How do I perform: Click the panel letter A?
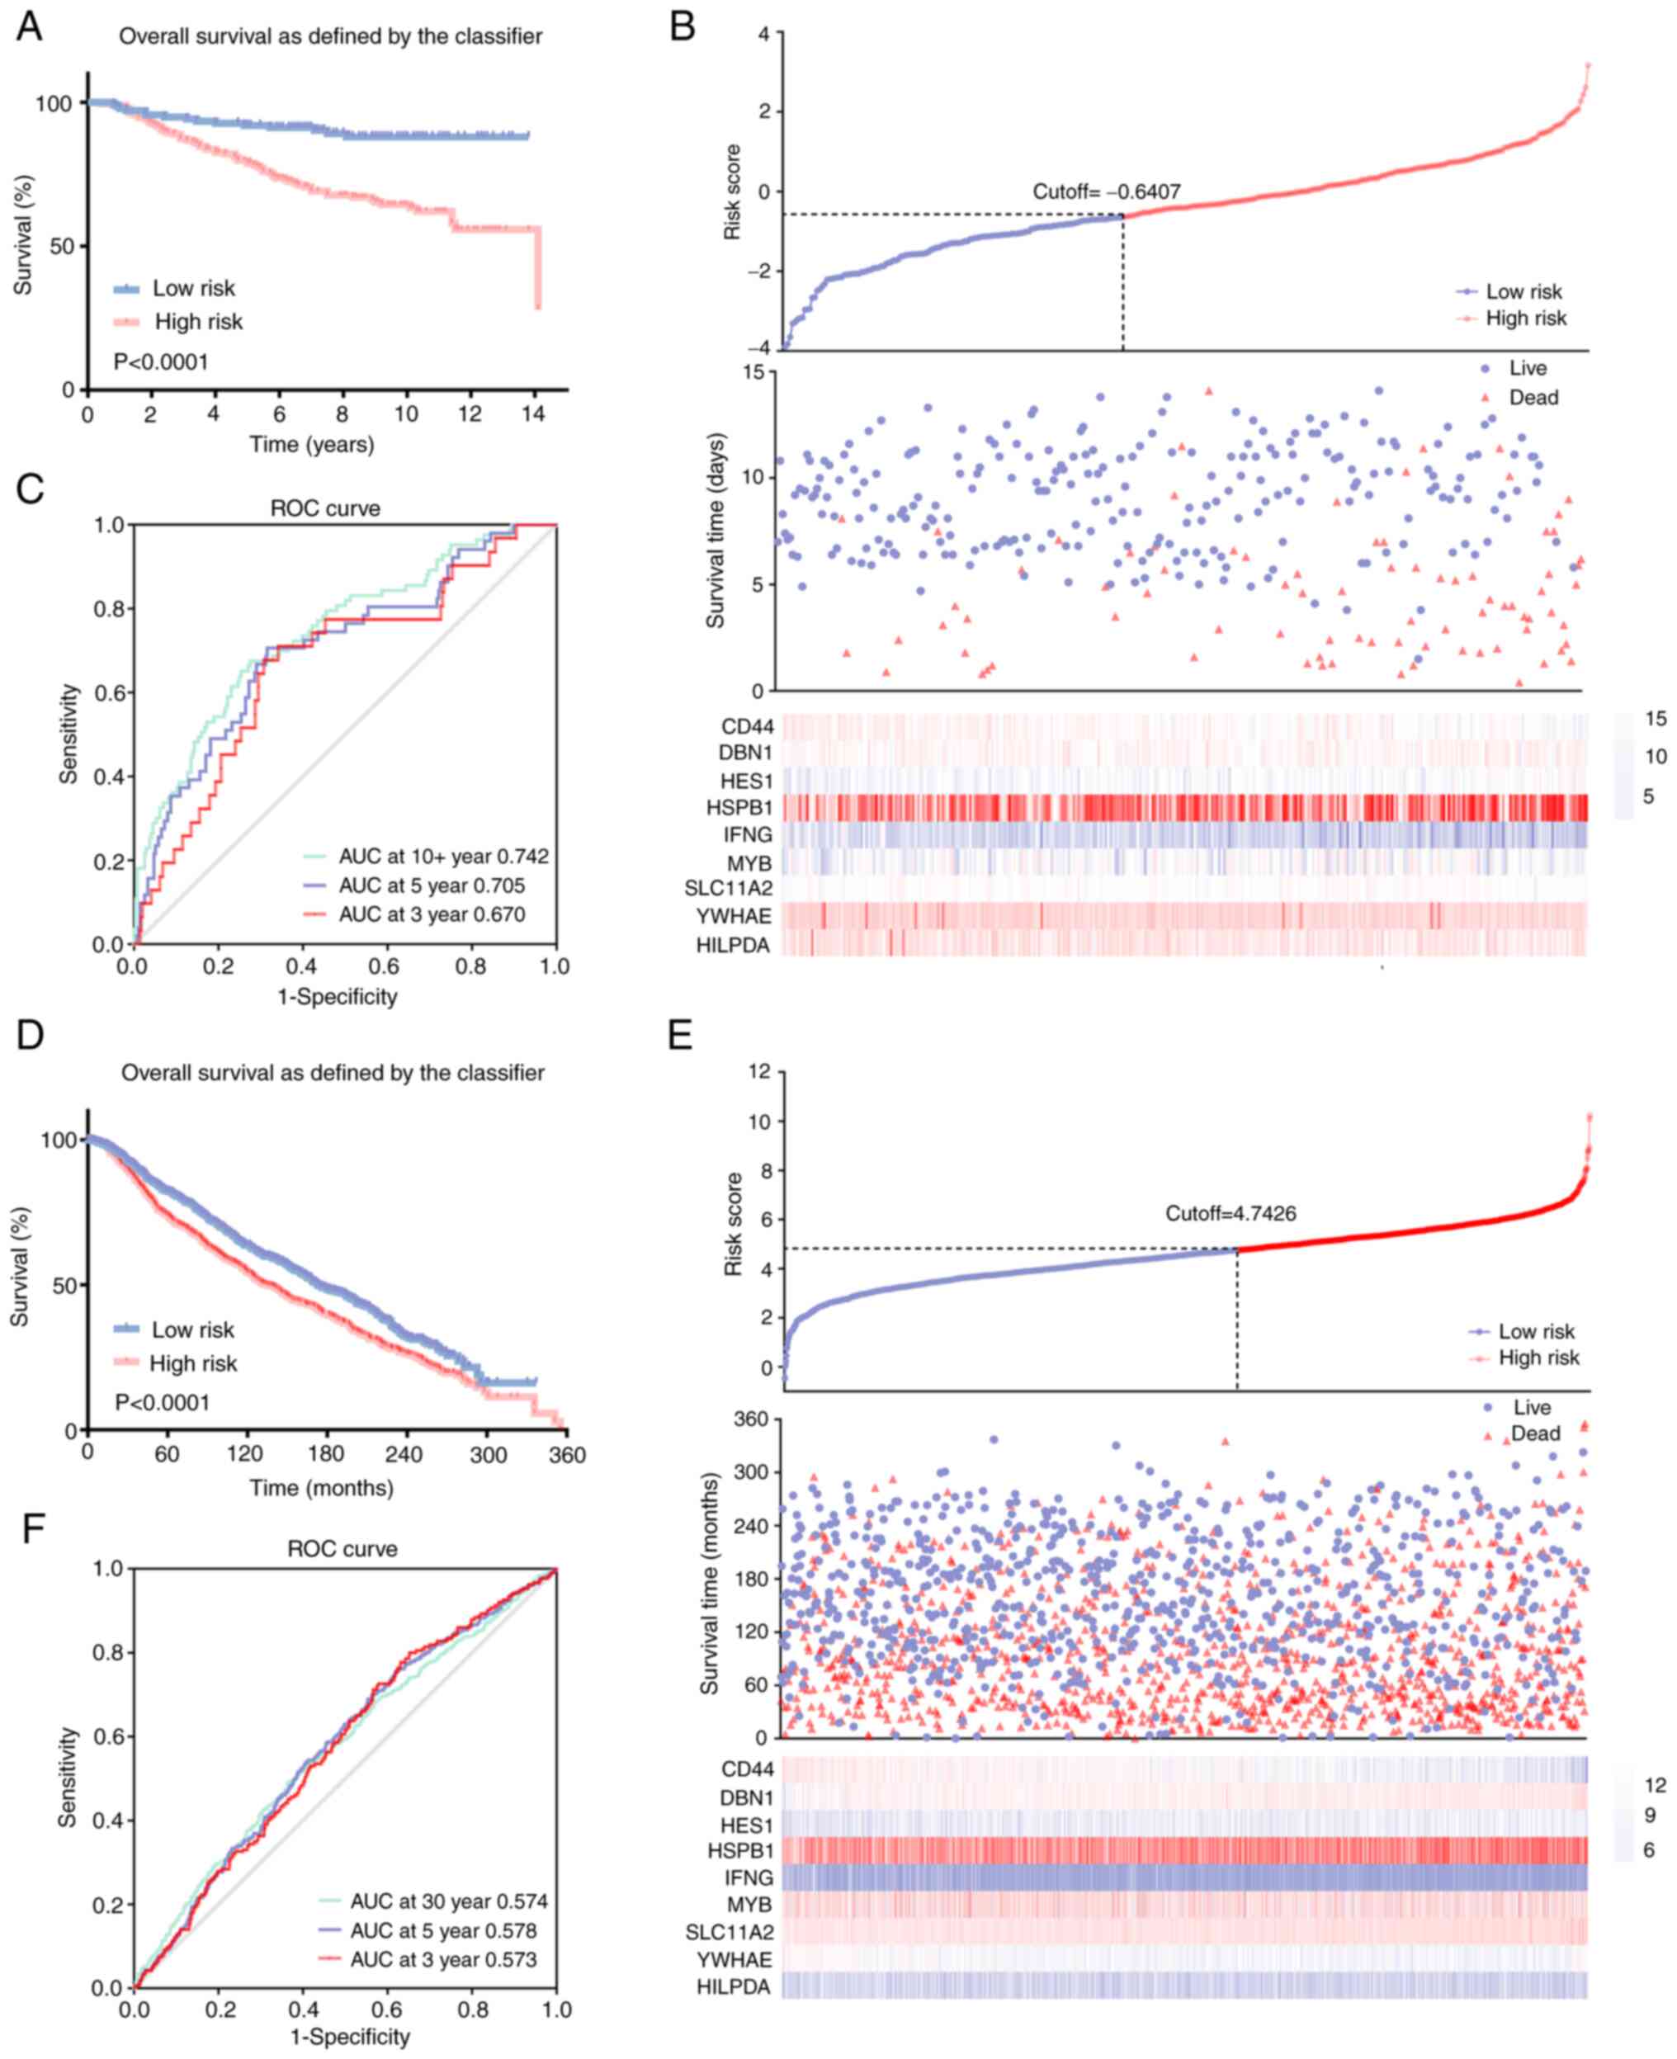(x=29, y=26)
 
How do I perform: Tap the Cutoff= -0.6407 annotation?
(x=1106, y=191)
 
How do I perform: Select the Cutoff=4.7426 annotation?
(x=1230, y=1213)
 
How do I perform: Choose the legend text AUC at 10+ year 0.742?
(x=443, y=856)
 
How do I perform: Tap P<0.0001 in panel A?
(x=160, y=361)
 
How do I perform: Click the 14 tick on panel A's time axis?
(x=533, y=414)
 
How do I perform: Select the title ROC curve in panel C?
(x=324, y=508)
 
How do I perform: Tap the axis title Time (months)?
(x=322, y=1488)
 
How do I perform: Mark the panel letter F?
(x=32, y=1529)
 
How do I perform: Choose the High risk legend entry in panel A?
(x=198, y=322)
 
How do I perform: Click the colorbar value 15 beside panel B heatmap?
(x=1656, y=718)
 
